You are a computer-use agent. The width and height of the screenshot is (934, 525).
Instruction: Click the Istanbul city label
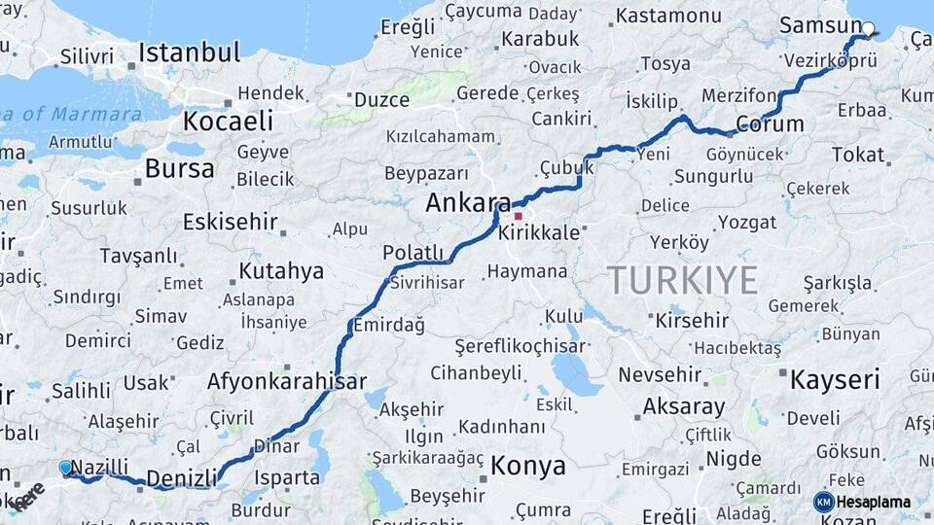pyautogui.click(x=189, y=52)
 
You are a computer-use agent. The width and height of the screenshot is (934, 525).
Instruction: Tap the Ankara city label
pyautogui.click(x=468, y=204)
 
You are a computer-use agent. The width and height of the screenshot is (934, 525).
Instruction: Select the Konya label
pyautogui.click(x=527, y=466)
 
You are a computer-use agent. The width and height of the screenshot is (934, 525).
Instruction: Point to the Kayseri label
pyautogui.click(x=835, y=378)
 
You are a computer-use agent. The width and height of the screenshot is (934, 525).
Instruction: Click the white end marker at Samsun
pyautogui.click(x=868, y=29)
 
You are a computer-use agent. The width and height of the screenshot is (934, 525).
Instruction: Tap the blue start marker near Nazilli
pyautogui.click(x=65, y=468)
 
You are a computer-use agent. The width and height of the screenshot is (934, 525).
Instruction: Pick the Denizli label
pyautogui.click(x=181, y=478)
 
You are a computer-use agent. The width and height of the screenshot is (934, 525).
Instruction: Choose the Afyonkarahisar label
pyautogui.click(x=286, y=382)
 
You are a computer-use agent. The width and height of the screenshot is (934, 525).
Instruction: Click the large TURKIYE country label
pyautogui.click(x=683, y=280)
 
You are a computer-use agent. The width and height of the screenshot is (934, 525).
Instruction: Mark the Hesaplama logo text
pyautogui.click(x=873, y=502)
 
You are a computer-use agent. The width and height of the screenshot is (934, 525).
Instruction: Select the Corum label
pyautogui.click(x=770, y=124)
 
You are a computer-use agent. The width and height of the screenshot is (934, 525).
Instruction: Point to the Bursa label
pyautogui.click(x=179, y=168)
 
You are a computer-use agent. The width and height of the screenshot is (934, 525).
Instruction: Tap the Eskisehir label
pyautogui.click(x=231, y=222)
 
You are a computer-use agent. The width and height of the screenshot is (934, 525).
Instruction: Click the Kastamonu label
pyautogui.click(x=668, y=17)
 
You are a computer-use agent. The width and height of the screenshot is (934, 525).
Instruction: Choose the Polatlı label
pyautogui.click(x=413, y=253)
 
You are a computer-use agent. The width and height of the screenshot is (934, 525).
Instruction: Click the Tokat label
pyautogui.click(x=858, y=155)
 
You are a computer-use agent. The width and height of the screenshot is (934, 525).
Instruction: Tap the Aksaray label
pyautogui.click(x=683, y=406)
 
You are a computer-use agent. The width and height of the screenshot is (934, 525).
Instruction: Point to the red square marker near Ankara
pyautogui.click(x=519, y=216)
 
